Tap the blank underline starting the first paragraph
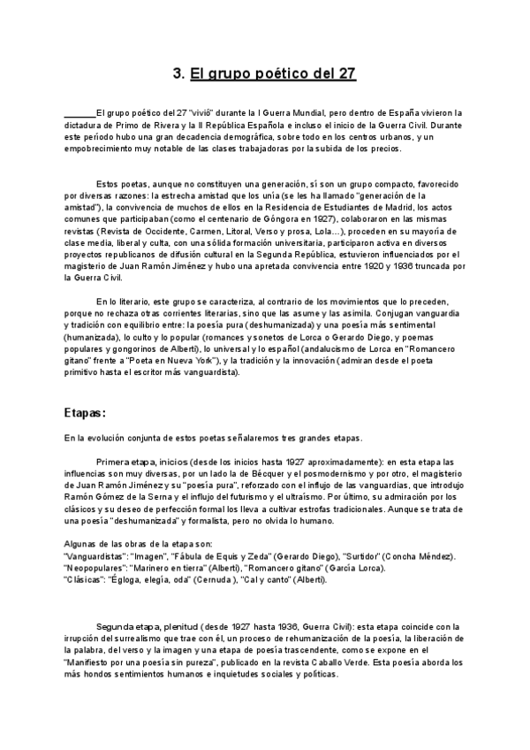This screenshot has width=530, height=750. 79,114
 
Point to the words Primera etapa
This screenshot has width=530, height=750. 127,462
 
